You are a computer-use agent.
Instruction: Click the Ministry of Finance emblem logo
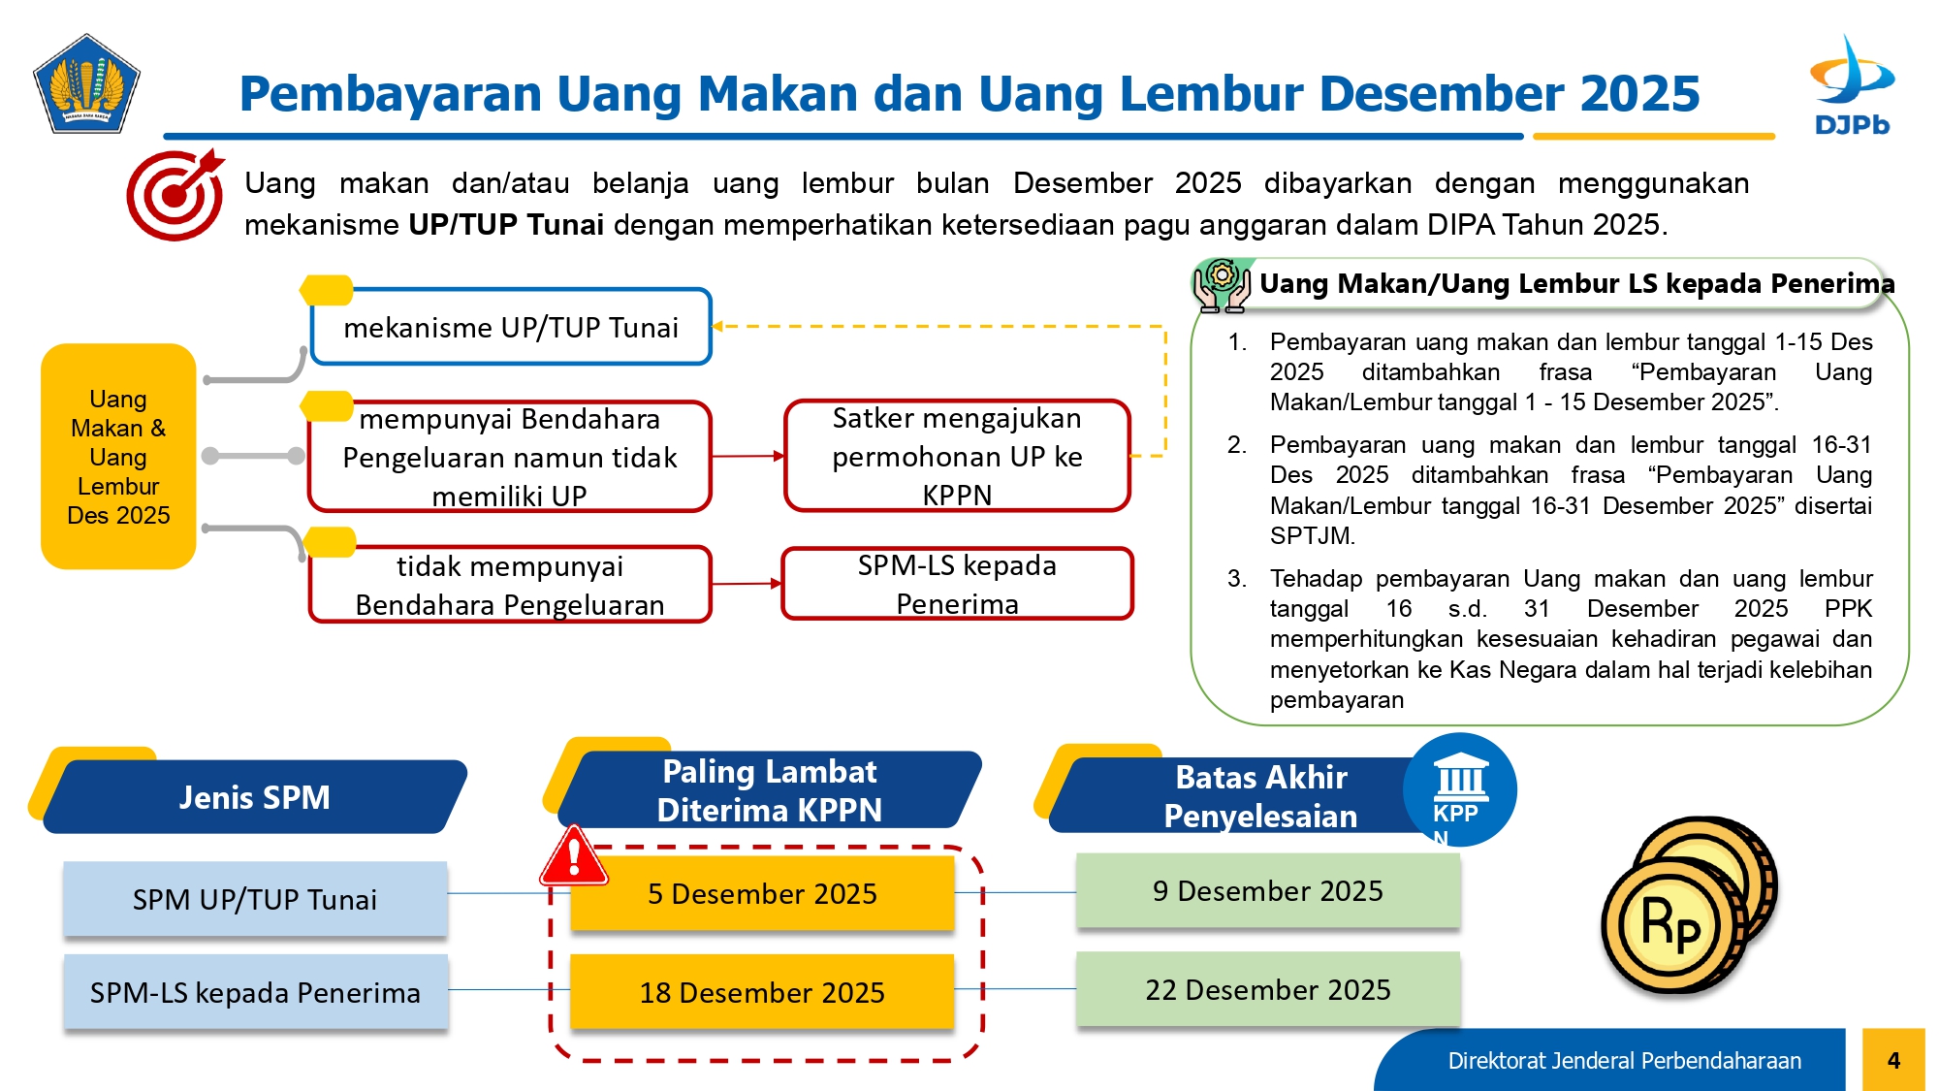pos(86,84)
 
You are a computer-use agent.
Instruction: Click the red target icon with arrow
pos(175,194)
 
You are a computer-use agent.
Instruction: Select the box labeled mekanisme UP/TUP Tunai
pos(511,327)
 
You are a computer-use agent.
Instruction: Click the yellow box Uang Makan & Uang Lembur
pos(118,456)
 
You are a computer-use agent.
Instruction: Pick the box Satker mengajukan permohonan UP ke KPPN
pos(957,456)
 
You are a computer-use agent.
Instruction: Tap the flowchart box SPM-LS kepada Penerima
pos(957,584)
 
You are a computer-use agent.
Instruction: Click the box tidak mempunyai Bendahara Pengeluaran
pos(510,584)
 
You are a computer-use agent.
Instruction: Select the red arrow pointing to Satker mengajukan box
pos(747,456)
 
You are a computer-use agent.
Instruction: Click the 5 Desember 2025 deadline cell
pos(762,893)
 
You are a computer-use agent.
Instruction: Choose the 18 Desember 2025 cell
pos(762,992)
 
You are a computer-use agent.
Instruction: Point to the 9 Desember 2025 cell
pos(1268,890)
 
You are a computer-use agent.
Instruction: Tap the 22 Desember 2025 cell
pos(1268,989)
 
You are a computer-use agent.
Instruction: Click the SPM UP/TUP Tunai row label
pos(255,899)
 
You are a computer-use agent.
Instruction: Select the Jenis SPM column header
pos(255,797)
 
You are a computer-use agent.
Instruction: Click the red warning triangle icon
pos(574,856)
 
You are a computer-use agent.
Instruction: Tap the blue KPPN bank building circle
pos(1460,789)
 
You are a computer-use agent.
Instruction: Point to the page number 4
pos(1893,1060)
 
